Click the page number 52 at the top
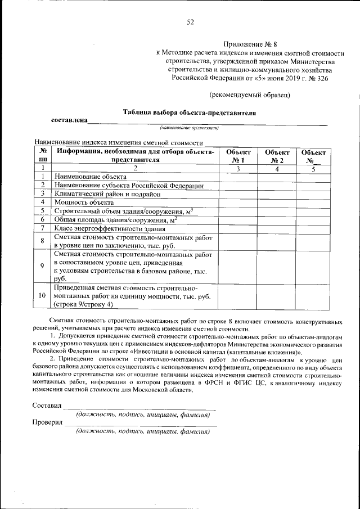click(x=190, y=22)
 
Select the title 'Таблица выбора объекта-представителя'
click(x=190, y=112)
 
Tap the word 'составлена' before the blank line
click(x=69, y=120)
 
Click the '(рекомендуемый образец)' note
click(x=249, y=94)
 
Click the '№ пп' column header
click(x=43, y=156)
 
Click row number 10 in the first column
click(x=43, y=296)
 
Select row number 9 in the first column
click(x=43, y=266)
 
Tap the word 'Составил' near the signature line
click(x=47, y=405)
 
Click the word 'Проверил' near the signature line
click(x=47, y=422)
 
